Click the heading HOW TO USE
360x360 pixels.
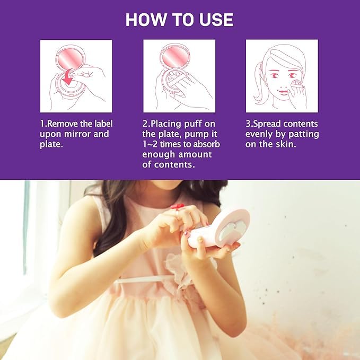(x=179, y=20)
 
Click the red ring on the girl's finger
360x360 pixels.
(x=178, y=206)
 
